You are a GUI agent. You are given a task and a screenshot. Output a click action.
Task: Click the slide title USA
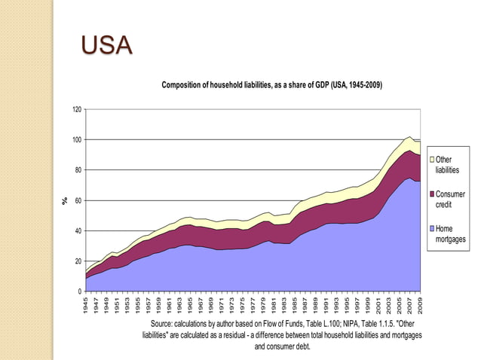106,47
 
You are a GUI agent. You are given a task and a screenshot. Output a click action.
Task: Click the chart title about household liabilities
272,85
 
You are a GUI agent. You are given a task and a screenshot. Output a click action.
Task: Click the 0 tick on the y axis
81,291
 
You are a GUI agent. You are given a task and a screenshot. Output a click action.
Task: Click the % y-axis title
65,200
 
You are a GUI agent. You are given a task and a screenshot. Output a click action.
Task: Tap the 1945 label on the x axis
87,304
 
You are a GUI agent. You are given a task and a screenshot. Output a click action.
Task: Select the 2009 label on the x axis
420,304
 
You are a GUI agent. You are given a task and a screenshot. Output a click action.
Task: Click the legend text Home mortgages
451,234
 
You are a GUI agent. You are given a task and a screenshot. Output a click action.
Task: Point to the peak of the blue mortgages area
408,178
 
